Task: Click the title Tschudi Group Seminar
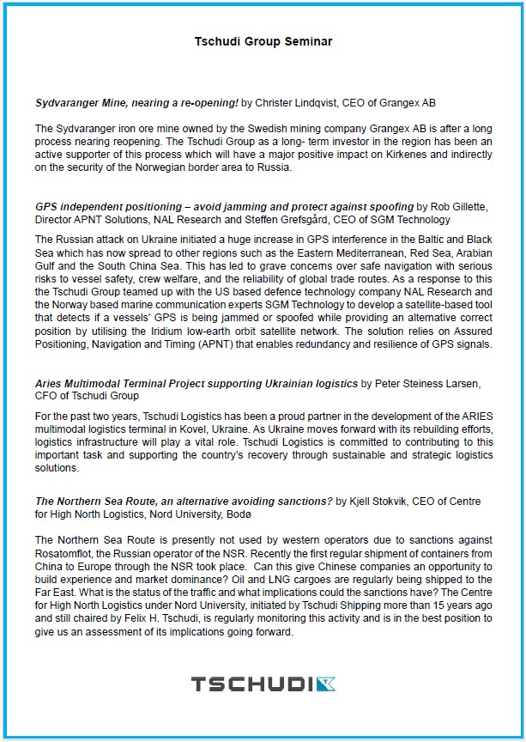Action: pos(263,41)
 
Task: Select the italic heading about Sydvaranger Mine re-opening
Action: pos(136,103)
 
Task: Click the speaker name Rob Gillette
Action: pos(459,207)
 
